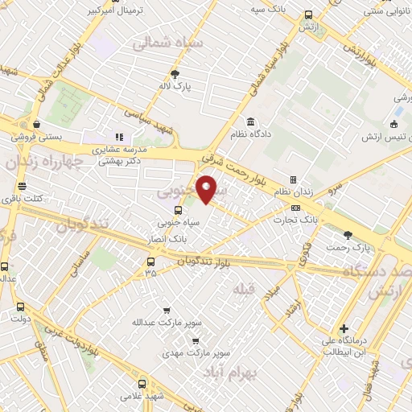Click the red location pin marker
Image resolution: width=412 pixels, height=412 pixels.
208,188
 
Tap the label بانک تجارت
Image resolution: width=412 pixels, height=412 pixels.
306,219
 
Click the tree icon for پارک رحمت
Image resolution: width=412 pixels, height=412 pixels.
348,235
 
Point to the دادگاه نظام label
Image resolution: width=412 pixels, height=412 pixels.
251,134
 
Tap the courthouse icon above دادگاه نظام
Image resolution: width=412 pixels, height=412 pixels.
251,122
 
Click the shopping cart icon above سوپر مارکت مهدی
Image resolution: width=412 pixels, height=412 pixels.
193,340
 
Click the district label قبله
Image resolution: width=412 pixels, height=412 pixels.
243,288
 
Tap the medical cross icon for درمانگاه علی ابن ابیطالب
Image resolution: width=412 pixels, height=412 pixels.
344,328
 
